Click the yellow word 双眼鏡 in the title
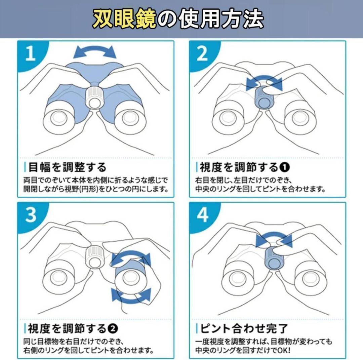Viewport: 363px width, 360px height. pos(124,19)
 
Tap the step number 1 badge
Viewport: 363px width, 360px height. pos(31,54)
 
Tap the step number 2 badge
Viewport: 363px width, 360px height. pos(202,54)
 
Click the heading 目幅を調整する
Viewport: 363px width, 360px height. pos(67,167)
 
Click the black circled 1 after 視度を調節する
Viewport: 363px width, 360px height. pos(284,167)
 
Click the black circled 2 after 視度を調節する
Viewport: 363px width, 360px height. pos(113,328)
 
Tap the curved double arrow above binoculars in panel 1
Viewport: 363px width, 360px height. pos(95,52)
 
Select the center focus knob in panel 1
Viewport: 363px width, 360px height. pos(94,97)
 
